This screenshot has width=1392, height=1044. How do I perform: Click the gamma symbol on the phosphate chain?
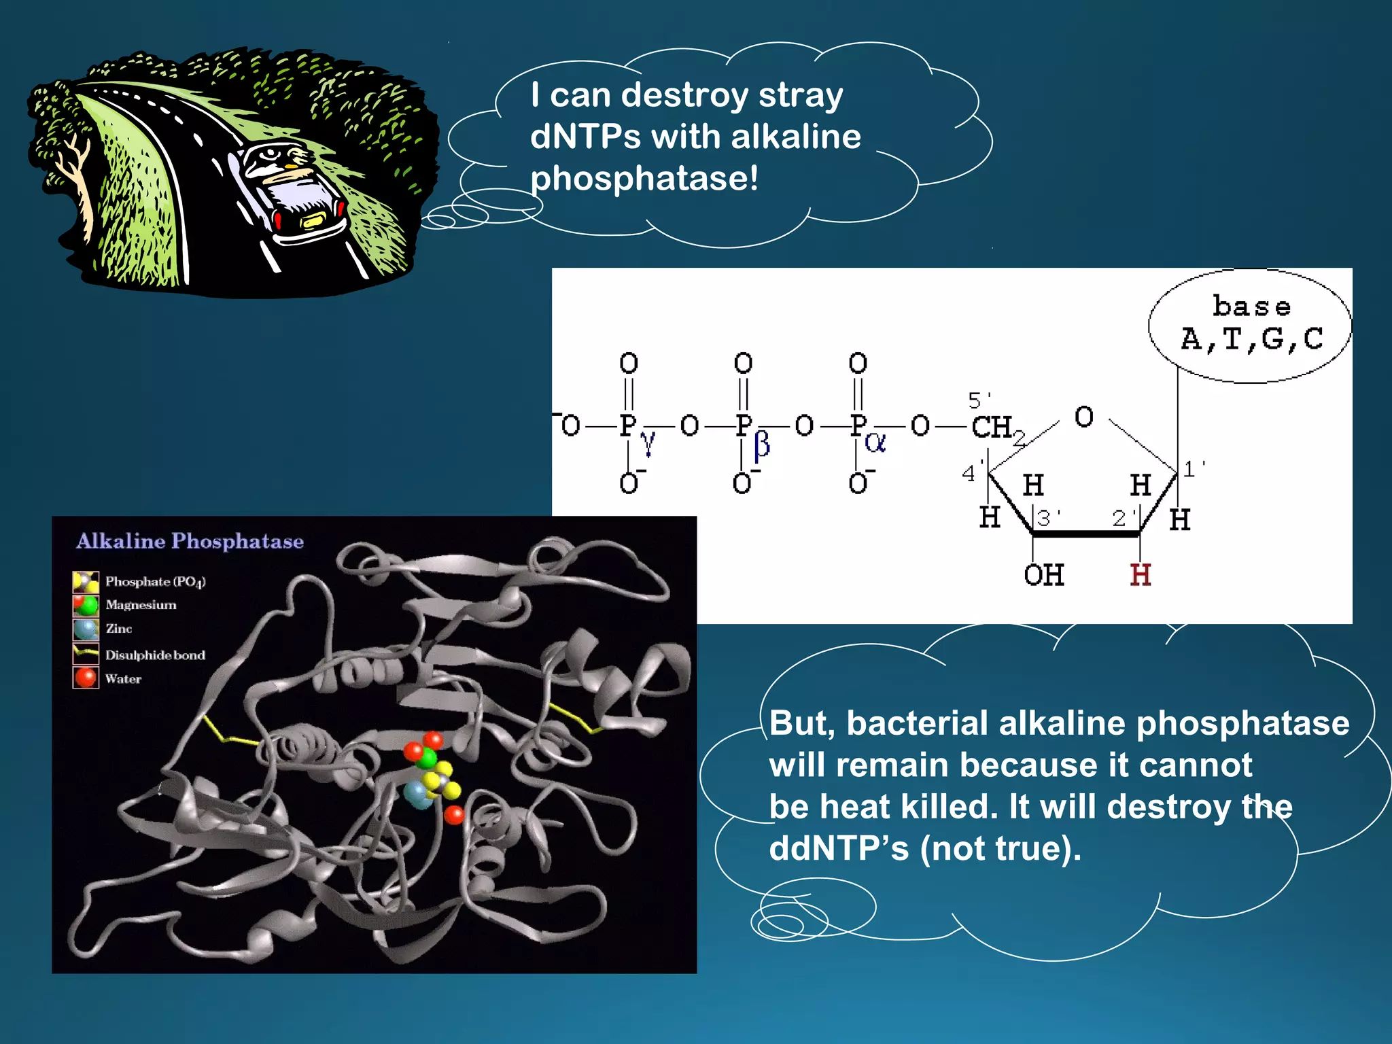coord(648,442)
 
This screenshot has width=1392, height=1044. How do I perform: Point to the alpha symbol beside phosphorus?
coord(875,443)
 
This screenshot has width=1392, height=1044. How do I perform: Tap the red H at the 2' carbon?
coord(1140,575)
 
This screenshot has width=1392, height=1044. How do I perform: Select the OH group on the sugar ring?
coord(1043,575)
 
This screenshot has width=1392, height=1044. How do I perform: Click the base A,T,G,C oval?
coord(1250,325)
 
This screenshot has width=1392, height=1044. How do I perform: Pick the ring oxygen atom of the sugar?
coord(1084,417)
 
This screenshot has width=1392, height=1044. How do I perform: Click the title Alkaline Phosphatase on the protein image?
coord(190,541)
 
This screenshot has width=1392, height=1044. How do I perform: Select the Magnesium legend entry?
coord(141,605)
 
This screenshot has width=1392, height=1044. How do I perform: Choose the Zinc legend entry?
coord(118,629)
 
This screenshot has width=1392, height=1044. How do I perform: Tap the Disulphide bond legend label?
coord(155,655)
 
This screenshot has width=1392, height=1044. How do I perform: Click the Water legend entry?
coord(123,678)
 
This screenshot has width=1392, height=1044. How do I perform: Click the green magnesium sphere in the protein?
coord(428,758)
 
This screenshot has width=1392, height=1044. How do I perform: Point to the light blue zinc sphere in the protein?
coord(417,793)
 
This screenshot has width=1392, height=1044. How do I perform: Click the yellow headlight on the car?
coord(313,220)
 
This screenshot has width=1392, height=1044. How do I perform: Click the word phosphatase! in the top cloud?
coord(644,179)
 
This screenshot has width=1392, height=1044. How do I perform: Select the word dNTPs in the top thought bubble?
coord(585,137)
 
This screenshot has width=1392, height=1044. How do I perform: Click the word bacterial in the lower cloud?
coord(917,723)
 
